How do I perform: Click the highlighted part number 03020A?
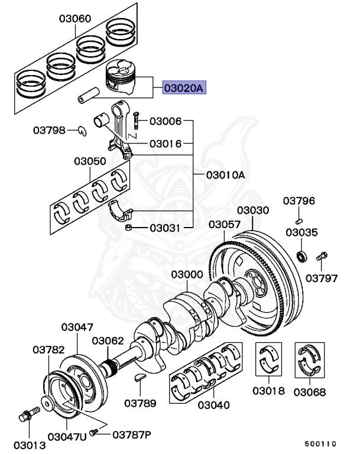[183, 89]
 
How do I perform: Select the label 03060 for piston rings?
[74, 18]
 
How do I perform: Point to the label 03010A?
[225, 175]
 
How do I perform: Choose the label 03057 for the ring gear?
[224, 225]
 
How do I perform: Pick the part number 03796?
[299, 201]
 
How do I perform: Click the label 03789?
[140, 404]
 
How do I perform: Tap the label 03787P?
[131, 435]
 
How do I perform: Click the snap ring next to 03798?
[81, 130]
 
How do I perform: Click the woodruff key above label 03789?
[142, 377]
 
